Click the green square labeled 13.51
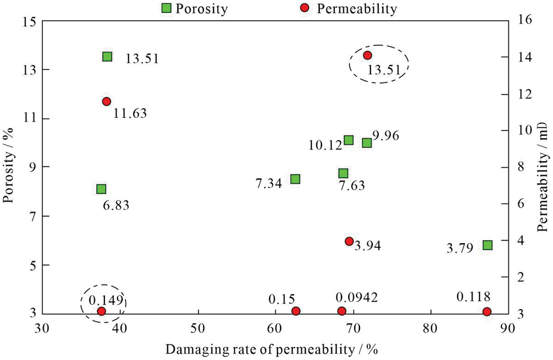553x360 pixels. click(107, 56)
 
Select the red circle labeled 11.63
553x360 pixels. click(107, 101)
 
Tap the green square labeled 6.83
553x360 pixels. click(101, 189)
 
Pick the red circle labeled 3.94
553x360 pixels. click(349, 241)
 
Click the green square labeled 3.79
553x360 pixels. click(487, 245)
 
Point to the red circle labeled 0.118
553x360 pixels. click(487, 311)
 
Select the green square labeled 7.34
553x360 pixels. click(295, 179)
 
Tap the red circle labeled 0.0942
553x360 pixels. click(342, 311)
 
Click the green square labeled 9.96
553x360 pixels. click(367, 143)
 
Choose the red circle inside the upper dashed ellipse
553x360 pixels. click(367, 55)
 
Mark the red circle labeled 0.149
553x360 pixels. click(101, 311)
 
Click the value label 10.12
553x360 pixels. click(324, 146)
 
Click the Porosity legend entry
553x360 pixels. click(193, 8)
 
